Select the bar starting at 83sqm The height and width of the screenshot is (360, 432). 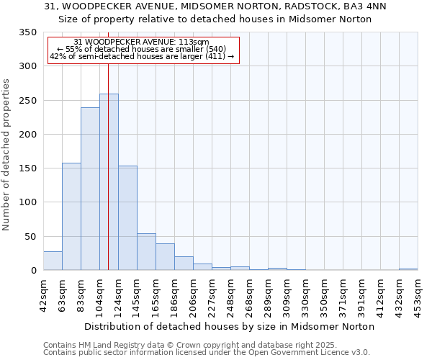(x=90, y=189)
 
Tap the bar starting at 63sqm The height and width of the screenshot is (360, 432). (x=71, y=217)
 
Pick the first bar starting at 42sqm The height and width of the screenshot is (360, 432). (x=53, y=261)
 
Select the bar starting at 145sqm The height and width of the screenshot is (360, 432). (x=146, y=252)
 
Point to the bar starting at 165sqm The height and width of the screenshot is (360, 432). (x=165, y=257)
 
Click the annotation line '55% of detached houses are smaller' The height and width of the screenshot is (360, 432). (x=142, y=49)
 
